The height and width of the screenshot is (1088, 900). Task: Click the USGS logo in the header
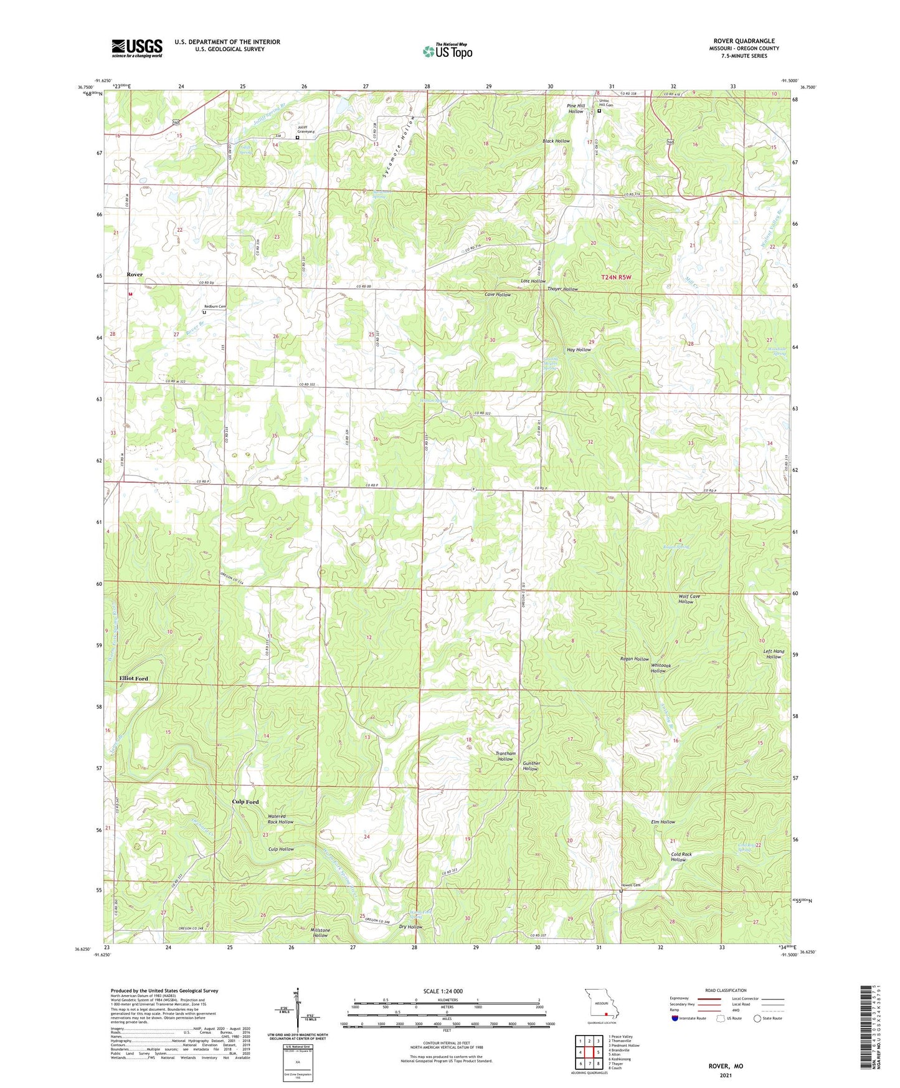point(137,48)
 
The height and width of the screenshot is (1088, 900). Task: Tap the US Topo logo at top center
point(447,51)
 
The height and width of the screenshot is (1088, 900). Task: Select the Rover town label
point(135,275)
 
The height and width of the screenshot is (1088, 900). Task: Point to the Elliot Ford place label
point(133,679)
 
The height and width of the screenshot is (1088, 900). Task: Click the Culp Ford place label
point(245,802)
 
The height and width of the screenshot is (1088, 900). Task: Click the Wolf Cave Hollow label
point(689,599)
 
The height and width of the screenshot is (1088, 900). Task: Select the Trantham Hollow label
point(505,756)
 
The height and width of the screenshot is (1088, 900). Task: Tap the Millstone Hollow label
point(320,933)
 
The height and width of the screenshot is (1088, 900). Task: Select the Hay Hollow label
point(579,350)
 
